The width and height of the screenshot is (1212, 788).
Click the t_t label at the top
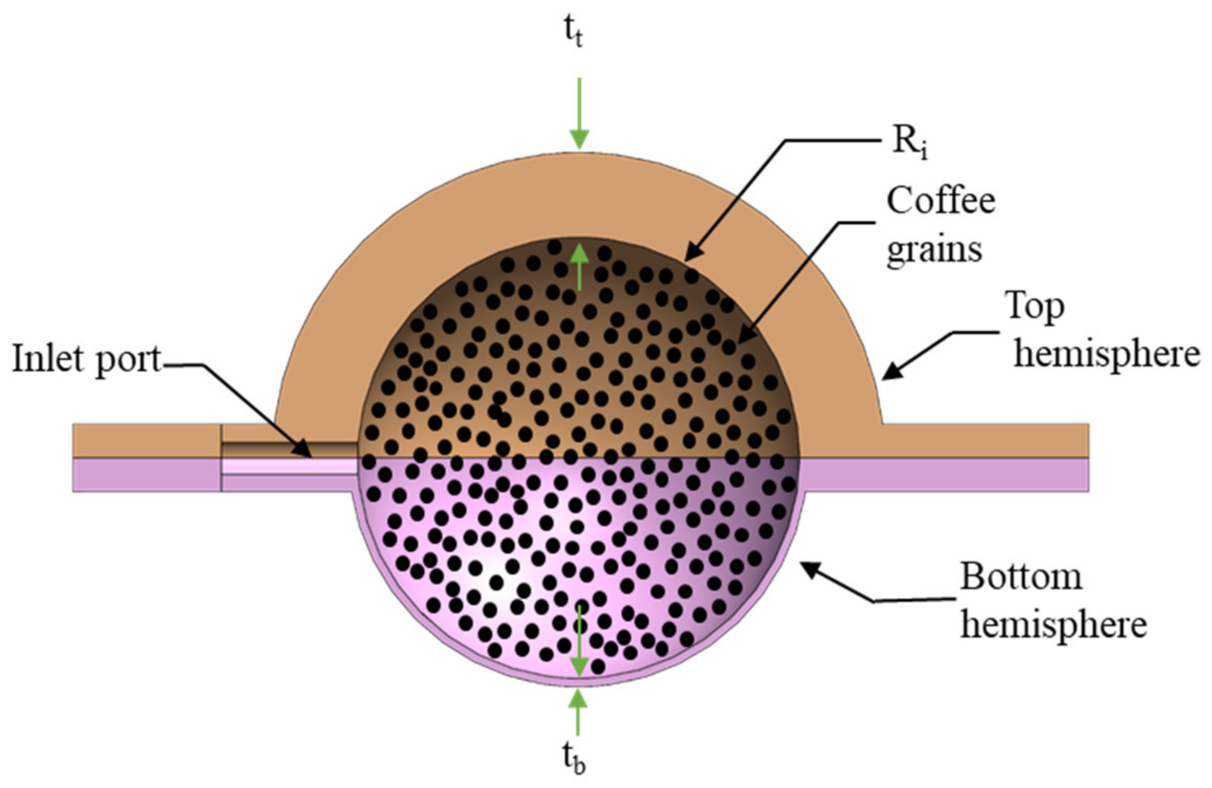(x=573, y=33)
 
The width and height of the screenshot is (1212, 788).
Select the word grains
(x=934, y=251)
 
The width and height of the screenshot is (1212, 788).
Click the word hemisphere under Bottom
(x=1053, y=625)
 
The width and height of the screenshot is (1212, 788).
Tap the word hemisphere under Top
(x=1107, y=354)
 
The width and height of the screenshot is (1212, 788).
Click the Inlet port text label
(x=86, y=359)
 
